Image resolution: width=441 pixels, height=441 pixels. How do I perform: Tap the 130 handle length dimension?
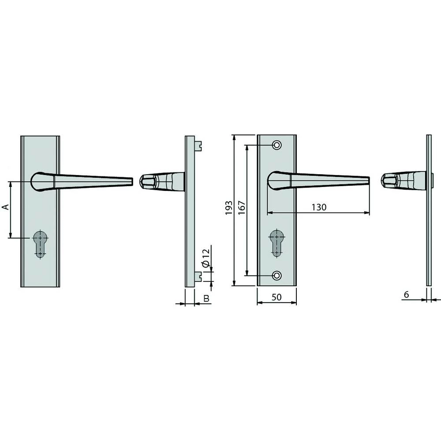pyautogui.click(x=318, y=207)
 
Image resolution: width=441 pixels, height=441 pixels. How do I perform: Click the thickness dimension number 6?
pyautogui.click(x=406, y=294)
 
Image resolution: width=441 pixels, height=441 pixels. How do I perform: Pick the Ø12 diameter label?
pyautogui.click(x=205, y=257)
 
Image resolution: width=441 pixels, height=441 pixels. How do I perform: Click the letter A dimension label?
pyautogui.click(x=6, y=207)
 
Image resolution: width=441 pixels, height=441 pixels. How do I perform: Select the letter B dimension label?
pyautogui.click(x=206, y=299)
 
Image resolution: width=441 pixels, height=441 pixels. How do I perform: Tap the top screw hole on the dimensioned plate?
pyautogui.click(x=277, y=145)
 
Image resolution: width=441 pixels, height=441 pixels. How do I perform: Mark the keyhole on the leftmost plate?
pyautogui.click(x=40, y=243)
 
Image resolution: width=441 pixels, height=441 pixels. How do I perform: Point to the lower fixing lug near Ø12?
pyautogui.click(x=198, y=277)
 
